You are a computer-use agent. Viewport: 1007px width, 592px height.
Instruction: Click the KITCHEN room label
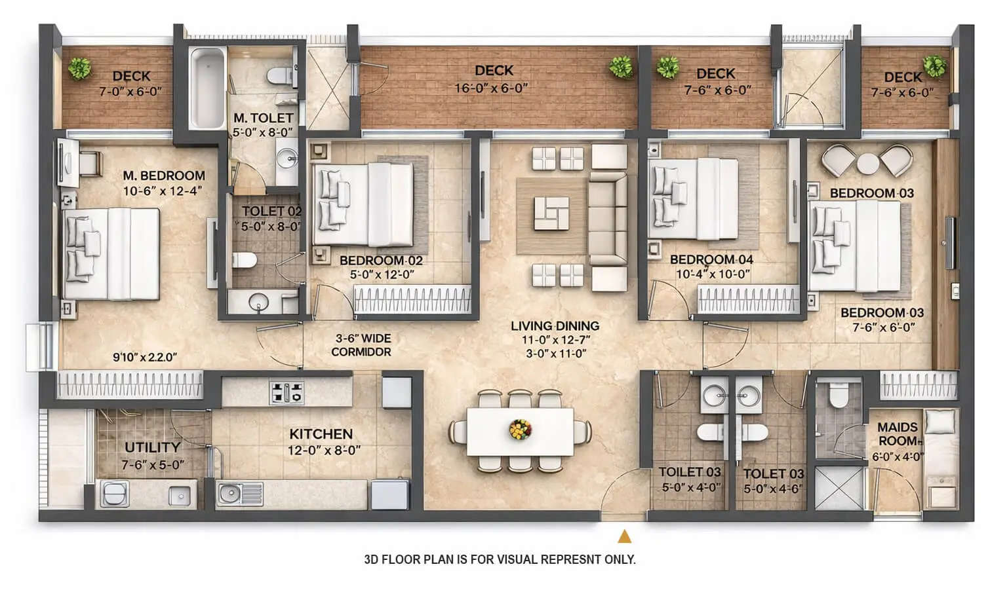click(321, 434)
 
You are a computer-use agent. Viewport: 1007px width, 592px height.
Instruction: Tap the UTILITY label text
click(152, 447)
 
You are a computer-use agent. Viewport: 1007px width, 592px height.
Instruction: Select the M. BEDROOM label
click(164, 176)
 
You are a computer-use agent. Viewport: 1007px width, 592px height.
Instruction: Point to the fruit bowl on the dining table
click(520, 430)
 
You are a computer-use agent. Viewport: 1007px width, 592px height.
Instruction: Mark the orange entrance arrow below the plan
click(624, 537)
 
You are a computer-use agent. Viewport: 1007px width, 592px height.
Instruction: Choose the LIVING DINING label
click(555, 325)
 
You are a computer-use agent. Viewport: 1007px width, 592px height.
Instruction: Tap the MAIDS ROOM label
click(898, 434)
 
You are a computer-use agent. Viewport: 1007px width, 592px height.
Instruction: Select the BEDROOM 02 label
click(381, 260)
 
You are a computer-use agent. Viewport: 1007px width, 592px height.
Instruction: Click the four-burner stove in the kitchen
click(287, 392)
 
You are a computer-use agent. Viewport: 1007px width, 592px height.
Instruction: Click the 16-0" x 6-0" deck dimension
click(491, 88)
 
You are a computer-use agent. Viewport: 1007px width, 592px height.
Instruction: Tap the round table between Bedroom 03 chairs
click(867, 162)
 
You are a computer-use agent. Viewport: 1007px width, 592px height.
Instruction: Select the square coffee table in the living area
click(551, 213)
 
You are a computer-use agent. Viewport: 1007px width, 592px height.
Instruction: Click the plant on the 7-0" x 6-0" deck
click(79, 67)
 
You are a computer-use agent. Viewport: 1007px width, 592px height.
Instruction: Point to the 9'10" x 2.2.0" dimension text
click(145, 358)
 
